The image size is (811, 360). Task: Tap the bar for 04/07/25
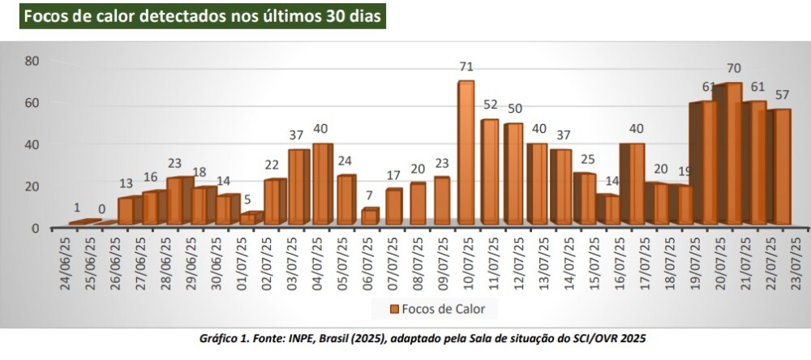click(x=322, y=184)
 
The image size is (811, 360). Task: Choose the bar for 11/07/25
click(x=490, y=172)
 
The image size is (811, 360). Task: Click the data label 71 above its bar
click(x=466, y=66)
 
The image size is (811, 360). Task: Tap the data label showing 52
click(x=491, y=104)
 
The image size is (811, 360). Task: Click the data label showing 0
click(x=102, y=209)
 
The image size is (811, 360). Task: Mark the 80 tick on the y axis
click(x=32, y=61)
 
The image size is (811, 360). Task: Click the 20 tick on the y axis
click(x=32, y=186)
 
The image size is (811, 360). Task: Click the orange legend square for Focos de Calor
click(x=394, y=309)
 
